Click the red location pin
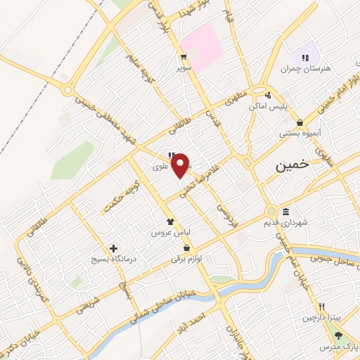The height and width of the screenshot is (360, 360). point(181,165)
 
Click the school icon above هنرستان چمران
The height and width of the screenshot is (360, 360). point(305,57)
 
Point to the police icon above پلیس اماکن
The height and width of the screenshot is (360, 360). point(267,96)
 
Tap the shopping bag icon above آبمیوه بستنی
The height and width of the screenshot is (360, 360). point(300,122)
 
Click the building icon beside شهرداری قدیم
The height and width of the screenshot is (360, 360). point(286,212)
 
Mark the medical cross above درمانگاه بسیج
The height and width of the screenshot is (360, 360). point(113,248)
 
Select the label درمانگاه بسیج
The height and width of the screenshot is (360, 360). point(112,259)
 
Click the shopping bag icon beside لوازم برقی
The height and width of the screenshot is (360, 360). point(186,248)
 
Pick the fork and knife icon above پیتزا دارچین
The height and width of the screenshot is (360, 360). point(321,307)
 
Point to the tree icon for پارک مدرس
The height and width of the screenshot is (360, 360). point(338,336)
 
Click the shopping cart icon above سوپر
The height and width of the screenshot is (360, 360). point(183,58)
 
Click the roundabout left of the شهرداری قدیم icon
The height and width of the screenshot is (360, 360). point(271,212)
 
